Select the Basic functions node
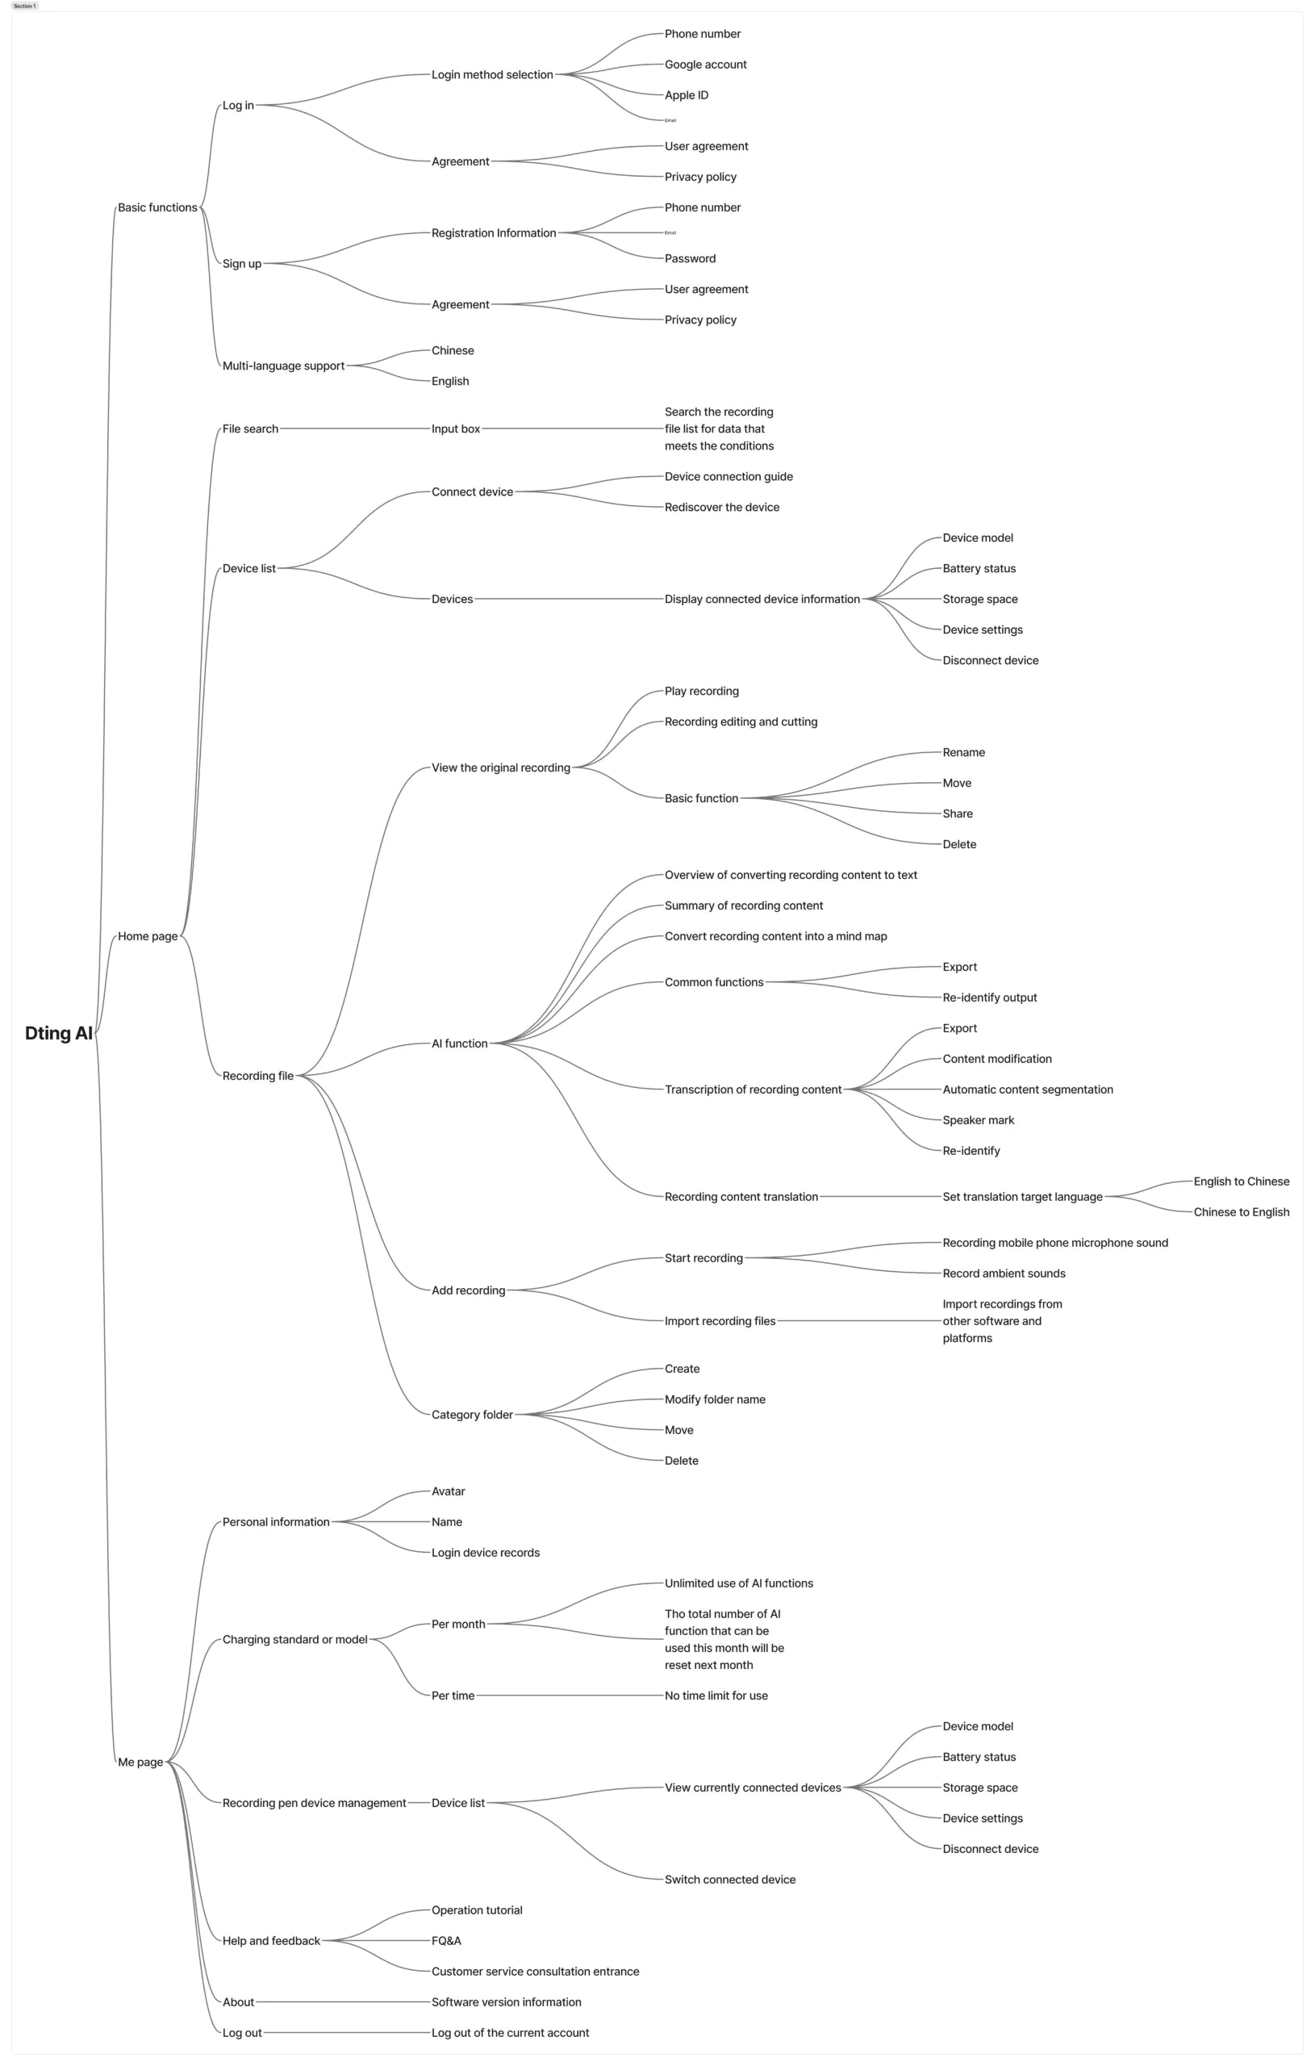pyautogui.click(x=157, y=207)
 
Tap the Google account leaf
pyautogui.click(x=705, y=65)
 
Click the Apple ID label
pyautogui.click(x=687, y=95)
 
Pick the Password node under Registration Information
pyautogui.click(x=690, y=258)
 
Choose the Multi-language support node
pyautogui.click(x=283, y=366)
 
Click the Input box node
pyautogui.click(x=456, y=429)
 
